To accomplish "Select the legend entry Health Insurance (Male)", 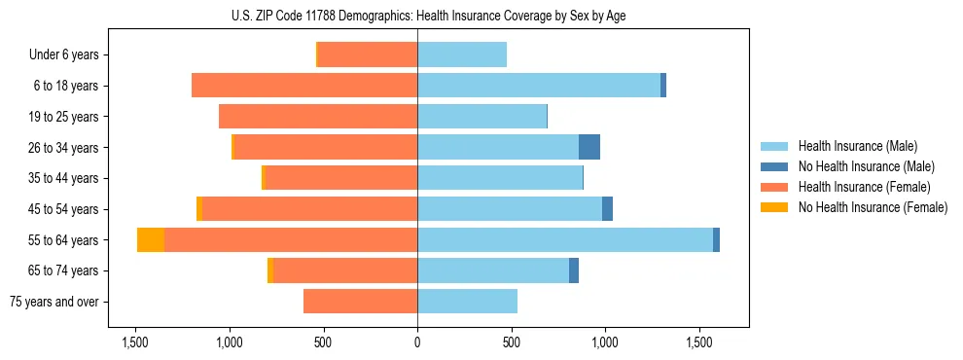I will pos(857,146).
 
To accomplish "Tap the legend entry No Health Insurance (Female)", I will pos(872,207).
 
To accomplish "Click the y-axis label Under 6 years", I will pos(63,55).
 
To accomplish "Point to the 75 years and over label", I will pos(53,302).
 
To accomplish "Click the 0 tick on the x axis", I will pos(417,343).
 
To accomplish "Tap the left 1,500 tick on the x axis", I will pos(134,343).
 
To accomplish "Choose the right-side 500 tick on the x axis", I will pos(511,343).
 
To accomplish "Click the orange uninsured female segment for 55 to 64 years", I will pos(151,240).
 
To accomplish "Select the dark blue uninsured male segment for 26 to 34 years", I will pos(589,147).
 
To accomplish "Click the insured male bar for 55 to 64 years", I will pos(564,240).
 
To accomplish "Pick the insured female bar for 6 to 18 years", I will pos(304,86).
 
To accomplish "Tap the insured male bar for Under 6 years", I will pos(462,55).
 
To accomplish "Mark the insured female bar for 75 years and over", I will pos(360,302).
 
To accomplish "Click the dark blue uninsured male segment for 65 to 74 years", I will pos(574,270).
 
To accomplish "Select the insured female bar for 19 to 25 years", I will pos(318,117).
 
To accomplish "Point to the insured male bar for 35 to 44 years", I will pos(499,178).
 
